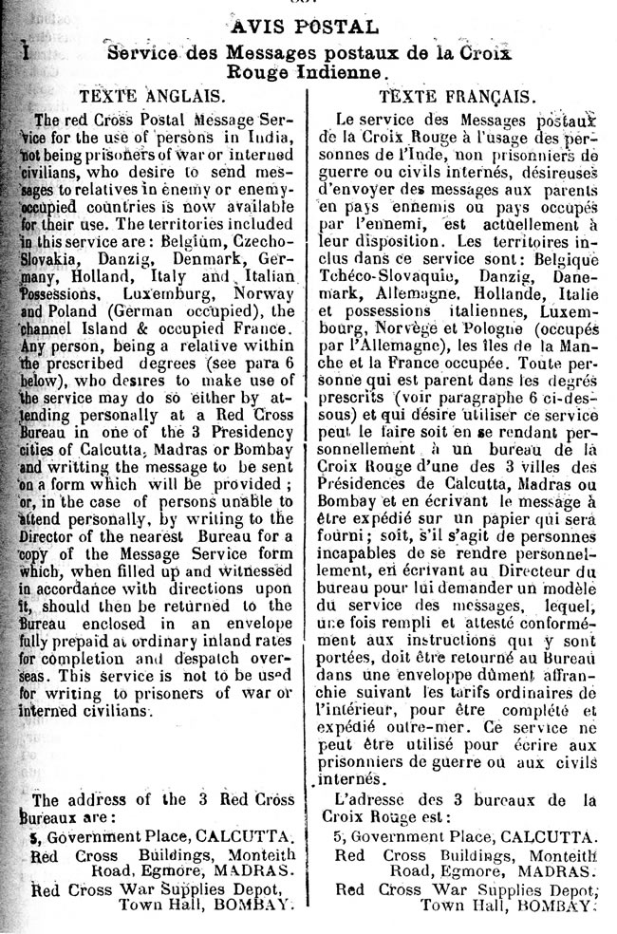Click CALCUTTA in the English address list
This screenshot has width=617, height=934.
pyautogui.click(x=257, y=838)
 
